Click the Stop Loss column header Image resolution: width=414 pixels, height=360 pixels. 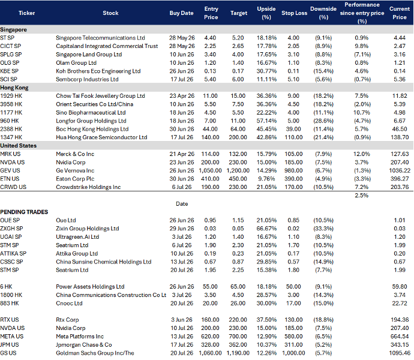(x=294, y=13)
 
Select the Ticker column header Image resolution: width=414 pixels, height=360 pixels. (x=26, y=13)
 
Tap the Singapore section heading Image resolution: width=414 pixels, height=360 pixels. (x=13, y=29)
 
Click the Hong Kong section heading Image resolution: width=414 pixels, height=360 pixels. (x=14, y=88)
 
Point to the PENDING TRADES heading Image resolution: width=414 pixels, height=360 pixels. (x=24, y=212)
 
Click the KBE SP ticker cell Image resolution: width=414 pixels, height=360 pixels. (x=9, y=71)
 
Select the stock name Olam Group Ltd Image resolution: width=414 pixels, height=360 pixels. (x=76, y=63)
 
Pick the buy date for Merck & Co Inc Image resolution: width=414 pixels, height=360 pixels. (x=182, y=154)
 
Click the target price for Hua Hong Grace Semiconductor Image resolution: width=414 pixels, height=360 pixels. (x=238, y=137)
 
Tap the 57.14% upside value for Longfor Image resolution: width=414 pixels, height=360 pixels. (x=266, y=121)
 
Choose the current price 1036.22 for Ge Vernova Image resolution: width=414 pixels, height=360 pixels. (x=400, y=170)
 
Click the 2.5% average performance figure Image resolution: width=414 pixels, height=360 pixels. (x=361, y=196)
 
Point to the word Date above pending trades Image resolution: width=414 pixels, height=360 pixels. (x=182, y=204)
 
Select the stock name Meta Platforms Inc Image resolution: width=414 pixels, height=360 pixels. (x=80, y=337)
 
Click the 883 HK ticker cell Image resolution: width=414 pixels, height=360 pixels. (x=10, y=303)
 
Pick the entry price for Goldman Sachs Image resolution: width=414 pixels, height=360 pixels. (x=210, y=353)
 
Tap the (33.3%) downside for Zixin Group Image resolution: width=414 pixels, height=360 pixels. (x=323, y=229)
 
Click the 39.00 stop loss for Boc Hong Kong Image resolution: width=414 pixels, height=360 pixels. (x=293, y=129)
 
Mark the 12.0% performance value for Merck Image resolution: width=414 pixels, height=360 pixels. (x=361, y=154)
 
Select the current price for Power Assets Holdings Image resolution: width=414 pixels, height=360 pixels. (x=400, y=287)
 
